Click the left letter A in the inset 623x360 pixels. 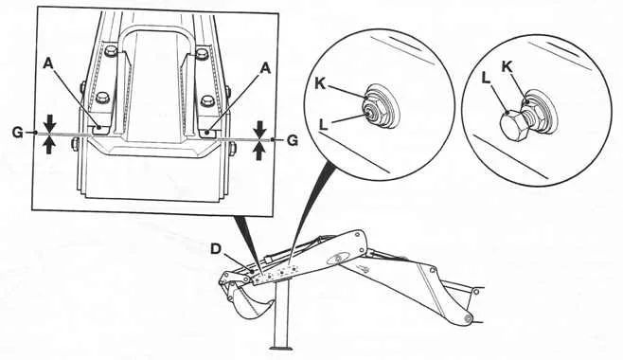(x=48, y=63)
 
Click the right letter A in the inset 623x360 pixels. (x=265, y=68)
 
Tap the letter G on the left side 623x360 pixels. (x=17, y=133)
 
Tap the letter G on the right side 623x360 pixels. (x=293, y=140)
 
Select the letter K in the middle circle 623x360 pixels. (x=320, y=84)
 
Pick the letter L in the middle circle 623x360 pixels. (x=324, y=125)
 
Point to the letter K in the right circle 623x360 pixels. (x=507, y=66)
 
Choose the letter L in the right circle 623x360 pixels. (x=486, y=79)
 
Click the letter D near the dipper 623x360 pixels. (x=215, y=249)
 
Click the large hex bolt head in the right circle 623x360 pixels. (x=513, y=126)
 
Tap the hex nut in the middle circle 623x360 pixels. (x=371, y=111)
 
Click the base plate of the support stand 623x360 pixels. (x=281, y=348)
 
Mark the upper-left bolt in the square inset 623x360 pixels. (x=110, y=51)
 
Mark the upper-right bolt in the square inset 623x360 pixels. (x=202, y=53)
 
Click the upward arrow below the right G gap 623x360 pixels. (x=259, y=152)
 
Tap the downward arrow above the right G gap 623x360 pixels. (x=260, y=130)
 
